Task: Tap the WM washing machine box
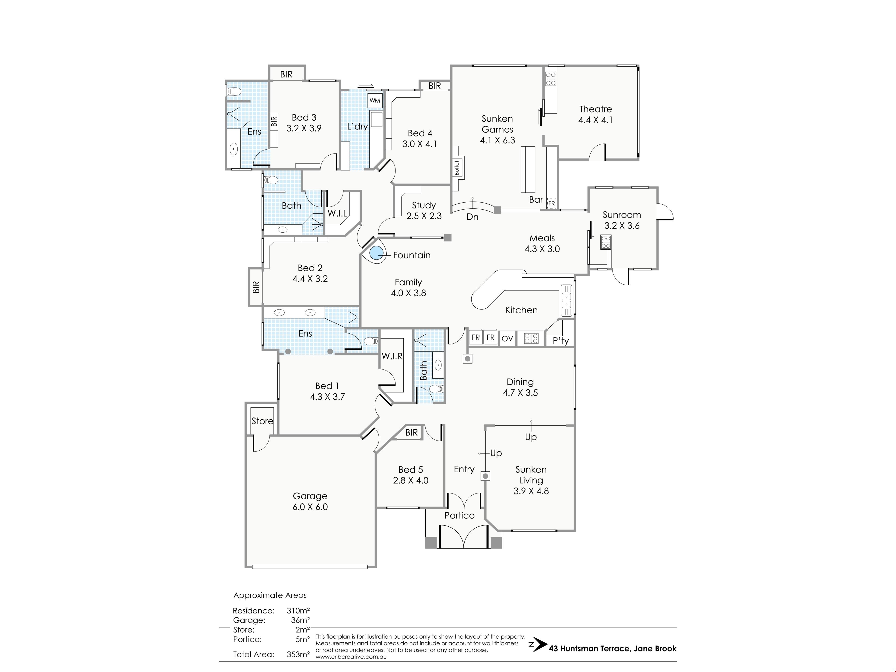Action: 375,101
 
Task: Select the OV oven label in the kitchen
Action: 507,339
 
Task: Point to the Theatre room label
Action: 595,109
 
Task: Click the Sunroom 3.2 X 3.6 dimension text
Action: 622,226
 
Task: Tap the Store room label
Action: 262,421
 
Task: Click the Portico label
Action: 459,515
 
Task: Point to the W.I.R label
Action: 392,356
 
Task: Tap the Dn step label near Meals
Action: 472,217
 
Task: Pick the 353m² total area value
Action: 298,654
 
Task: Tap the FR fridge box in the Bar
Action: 552,203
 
